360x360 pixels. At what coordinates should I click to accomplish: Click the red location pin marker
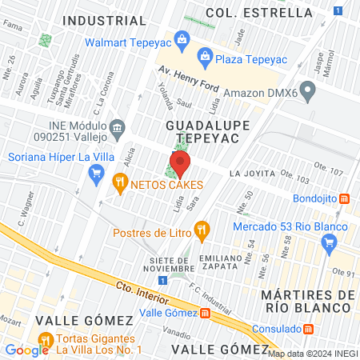(x=180, y=166)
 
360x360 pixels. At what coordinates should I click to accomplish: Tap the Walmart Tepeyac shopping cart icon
(x=182, y=38)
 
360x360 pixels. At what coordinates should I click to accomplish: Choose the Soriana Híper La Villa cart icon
(x=97, y=170)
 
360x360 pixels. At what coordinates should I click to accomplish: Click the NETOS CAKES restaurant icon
(x=120, y=183)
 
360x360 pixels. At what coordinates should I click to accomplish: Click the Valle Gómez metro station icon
(x=206, y=313)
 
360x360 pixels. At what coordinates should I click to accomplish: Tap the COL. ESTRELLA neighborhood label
(x=258, y=12)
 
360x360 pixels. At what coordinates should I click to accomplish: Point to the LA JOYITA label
(x=251, y=173)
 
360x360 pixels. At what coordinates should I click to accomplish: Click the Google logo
(x=26, y=350)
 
